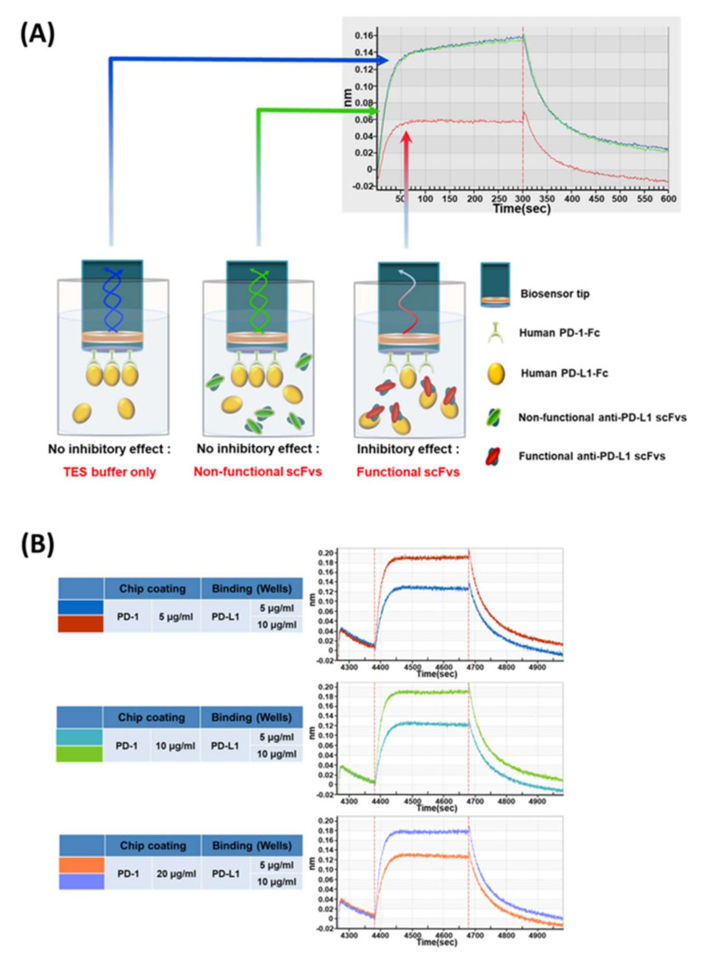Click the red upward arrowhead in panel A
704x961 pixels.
407,135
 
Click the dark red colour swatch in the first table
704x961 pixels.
79,623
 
